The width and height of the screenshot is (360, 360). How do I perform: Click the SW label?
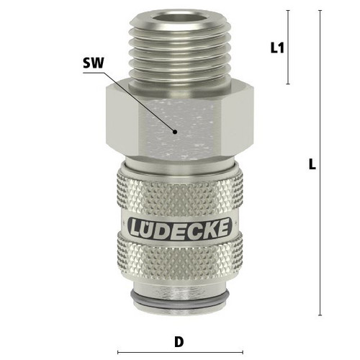tap(94, 63)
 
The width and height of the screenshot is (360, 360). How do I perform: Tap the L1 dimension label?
tap(277, 48)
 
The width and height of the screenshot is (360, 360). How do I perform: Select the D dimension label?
tap(179, 342)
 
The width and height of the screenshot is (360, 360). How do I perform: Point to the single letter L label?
tap(312, 164)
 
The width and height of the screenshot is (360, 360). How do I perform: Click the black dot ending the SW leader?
tap(175, 132)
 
